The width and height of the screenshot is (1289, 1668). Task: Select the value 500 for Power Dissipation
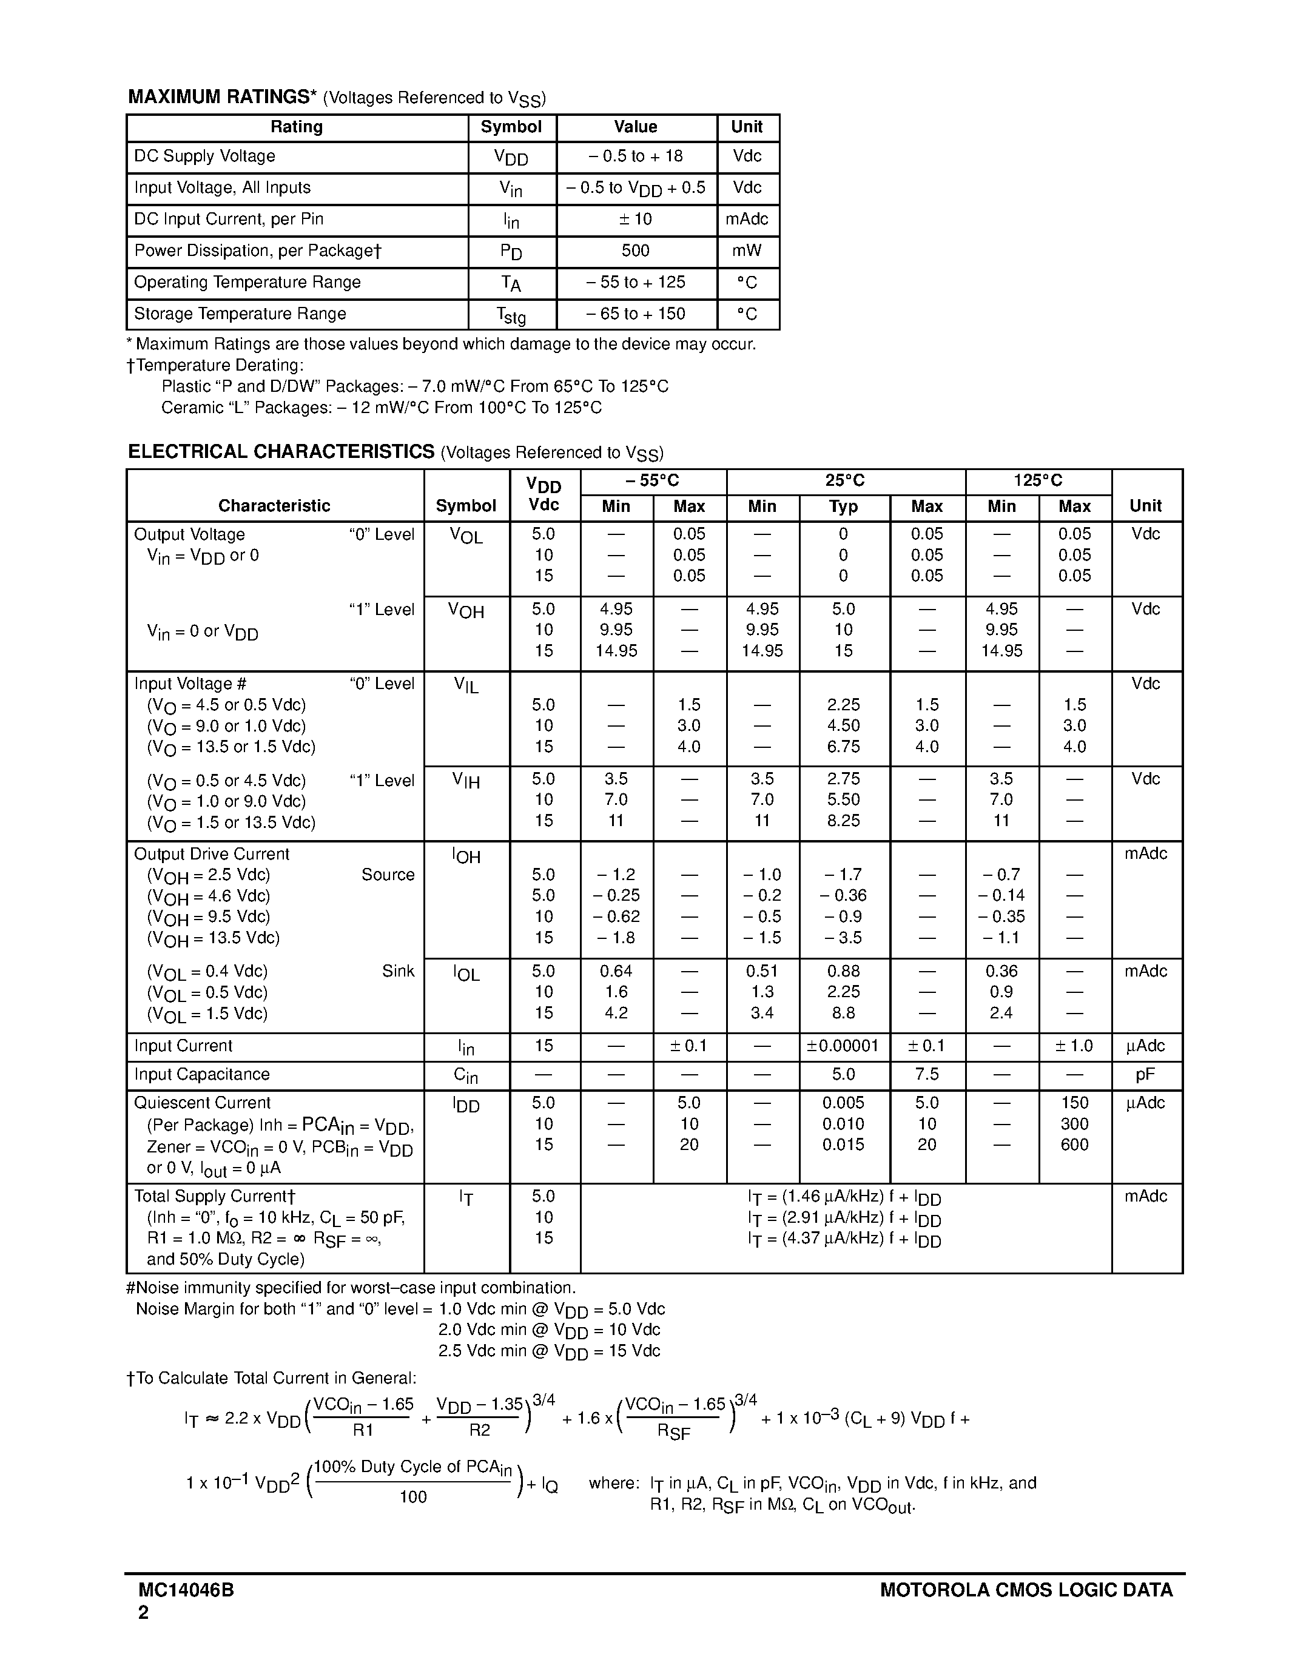[635, 251]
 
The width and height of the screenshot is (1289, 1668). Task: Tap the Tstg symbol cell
[511, 315]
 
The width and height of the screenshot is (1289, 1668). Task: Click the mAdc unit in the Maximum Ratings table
[747, 219]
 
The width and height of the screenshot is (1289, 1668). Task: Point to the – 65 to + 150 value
[635, 314]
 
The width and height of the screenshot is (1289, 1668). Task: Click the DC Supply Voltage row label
[204, 156]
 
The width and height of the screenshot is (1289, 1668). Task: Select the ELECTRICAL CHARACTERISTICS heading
[281, 451]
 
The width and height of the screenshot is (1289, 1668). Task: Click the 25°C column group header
[844, 480]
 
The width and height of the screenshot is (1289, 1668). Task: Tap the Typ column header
[843, 506]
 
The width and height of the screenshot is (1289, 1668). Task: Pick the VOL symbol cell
[466, 536]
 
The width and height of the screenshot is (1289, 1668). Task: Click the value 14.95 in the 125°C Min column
[1001, 651]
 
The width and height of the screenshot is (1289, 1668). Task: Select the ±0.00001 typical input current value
[843, 1046]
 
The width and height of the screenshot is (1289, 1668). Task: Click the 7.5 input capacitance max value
[926, 1075]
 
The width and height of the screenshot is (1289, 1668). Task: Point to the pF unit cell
[1145, 1075]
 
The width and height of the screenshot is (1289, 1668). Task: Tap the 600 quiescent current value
[1074, 1144]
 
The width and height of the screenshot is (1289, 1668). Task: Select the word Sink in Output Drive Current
[398, 970]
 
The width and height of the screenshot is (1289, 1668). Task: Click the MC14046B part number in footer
[186, 1590]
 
